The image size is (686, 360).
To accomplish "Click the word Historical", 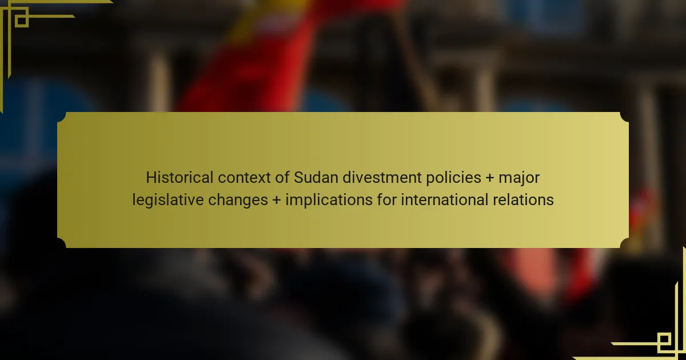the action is coord(180,178).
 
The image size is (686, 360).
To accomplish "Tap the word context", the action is coord(244,178).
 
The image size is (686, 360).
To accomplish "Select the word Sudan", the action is coord(316,178).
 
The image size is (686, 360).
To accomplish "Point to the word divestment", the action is coord(382,178).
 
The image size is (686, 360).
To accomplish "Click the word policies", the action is coord(453,178).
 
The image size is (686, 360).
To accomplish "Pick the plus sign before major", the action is coord(490,178).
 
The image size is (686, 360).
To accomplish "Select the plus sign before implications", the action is coord(277,200).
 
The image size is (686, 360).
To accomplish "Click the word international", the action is coord(445,200).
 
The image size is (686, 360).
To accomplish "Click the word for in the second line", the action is coord(387,200).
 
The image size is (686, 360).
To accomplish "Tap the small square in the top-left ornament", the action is coord(22,21).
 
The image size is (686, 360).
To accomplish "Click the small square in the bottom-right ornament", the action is coord(664,340).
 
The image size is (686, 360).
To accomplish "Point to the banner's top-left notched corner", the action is coord(62,117).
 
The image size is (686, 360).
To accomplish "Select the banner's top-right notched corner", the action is coord(624,117).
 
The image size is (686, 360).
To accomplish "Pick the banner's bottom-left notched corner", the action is coord(62,243).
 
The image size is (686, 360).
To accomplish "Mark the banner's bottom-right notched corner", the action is coord(624,243).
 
